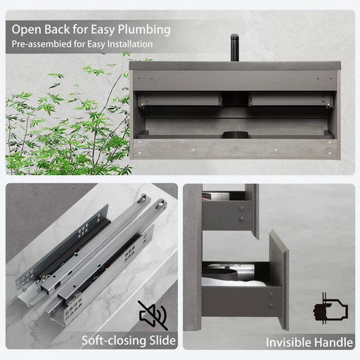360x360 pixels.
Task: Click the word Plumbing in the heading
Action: click(144, 30)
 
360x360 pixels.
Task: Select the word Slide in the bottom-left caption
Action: click(158, 342)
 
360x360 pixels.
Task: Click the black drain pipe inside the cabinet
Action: click(236, 131)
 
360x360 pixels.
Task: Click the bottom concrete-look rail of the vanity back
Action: click(236, 149)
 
